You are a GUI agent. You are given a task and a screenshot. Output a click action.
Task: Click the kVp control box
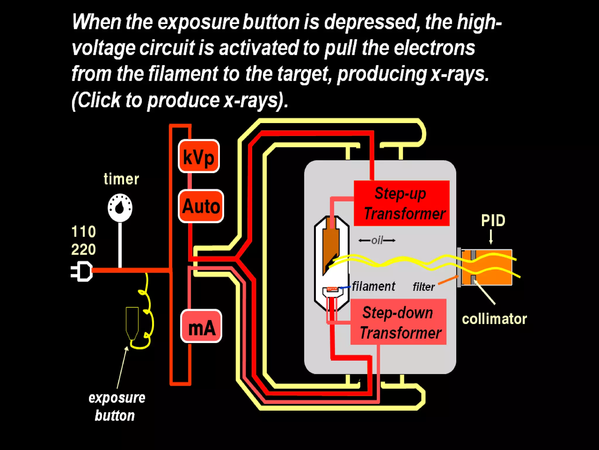coord(199,156)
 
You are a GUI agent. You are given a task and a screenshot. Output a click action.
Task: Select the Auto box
coord(201,206)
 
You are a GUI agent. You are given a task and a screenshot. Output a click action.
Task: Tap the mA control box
coord(201,326)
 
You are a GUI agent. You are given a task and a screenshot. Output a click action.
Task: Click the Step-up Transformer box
coord(402,203)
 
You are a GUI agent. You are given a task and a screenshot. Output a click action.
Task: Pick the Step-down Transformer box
coord(398,322)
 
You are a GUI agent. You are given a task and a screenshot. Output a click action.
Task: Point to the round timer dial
coord(120,207)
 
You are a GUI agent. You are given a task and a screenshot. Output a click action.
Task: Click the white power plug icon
coord(82,271)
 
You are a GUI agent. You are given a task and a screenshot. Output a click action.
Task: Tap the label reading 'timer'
coord(121,179)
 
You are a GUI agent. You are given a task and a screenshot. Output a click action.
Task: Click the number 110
coord(83,231)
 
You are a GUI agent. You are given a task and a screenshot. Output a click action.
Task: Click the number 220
coord(83,250)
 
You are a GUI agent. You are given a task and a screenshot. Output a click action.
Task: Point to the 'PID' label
coord(493,221)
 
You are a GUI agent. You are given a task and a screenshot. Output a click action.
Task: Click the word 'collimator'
coord(494,319)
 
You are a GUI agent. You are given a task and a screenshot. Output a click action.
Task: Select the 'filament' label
coord(373,286)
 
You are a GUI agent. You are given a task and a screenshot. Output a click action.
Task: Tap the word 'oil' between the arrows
coord(377,241)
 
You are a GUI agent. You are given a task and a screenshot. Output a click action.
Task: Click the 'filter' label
coord(424,287)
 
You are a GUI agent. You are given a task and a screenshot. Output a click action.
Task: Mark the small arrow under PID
coord(491,237)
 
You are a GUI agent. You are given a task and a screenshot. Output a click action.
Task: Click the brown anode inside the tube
coord(331,243)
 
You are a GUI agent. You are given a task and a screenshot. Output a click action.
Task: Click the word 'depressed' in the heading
coord(370,22)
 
